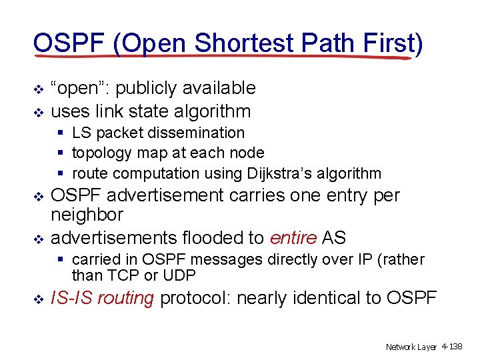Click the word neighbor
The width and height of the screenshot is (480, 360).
click(x=87, y=215)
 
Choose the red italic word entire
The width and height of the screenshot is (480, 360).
click(x=293, y=238)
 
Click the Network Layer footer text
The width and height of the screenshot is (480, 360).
click(x=411, y=347)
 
